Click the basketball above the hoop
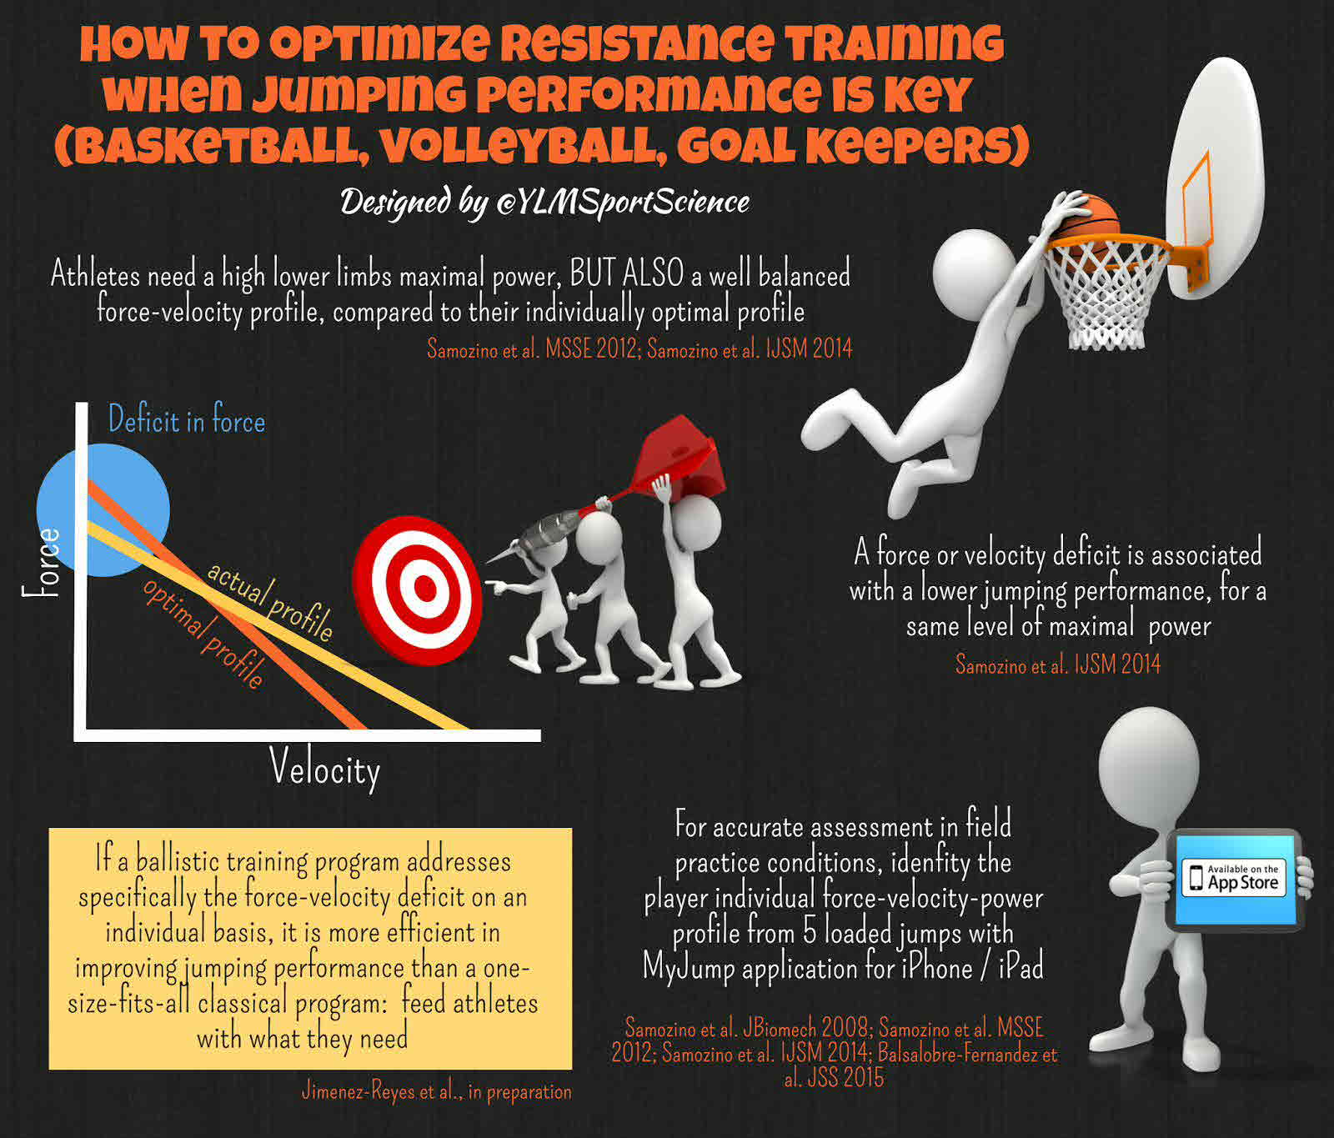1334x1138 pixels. coord(1088,218)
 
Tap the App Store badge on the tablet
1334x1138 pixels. coord(1235,878)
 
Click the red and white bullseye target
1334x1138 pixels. coord(417,589)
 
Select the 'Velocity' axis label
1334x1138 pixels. coord(325,769)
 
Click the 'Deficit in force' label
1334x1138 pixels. coord(187,419)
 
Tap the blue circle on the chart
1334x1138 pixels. coord(103,509)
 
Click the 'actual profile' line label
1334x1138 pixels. coord(269,601)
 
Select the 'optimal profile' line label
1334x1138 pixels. coord(203,632)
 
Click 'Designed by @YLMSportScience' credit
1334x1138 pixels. coord(544,202)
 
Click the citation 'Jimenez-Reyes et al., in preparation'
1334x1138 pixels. coord(437,1091)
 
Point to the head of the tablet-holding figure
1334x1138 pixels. coord(1148,762)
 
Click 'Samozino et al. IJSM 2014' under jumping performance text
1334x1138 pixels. coord(1057,664)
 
